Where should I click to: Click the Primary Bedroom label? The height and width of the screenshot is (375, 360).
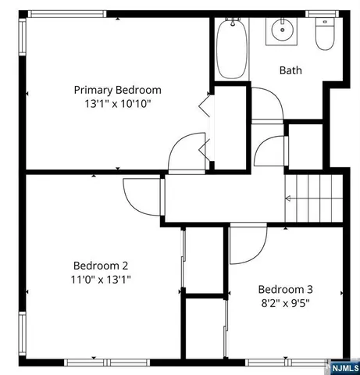(117, 89)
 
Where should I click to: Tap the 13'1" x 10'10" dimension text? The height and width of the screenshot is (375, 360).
(117, 103)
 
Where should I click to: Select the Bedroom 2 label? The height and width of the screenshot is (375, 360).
(101, 265)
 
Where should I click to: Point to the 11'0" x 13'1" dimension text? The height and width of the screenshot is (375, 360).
(101, 278)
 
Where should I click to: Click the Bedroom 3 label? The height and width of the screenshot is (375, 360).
(285, 287)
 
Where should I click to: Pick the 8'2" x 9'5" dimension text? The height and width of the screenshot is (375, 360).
(285, 301)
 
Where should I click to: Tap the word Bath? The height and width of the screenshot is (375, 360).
(290, 70)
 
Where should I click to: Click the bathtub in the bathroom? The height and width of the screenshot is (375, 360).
(231, 48)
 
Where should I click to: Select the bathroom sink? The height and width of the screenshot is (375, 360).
(281, 31)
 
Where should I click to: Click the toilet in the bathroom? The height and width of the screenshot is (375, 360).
(324, 35)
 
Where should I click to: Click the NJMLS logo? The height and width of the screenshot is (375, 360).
(342, 364)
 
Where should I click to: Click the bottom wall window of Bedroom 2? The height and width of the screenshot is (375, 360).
(94, 362)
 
